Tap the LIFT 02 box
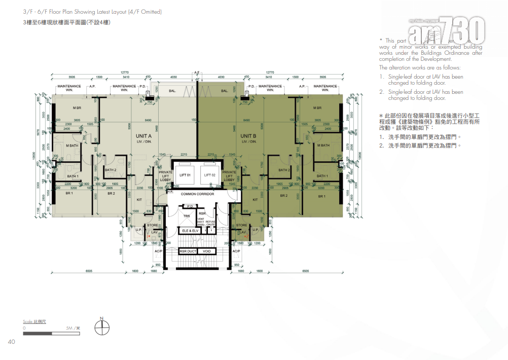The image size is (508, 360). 210,175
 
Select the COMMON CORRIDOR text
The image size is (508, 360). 198,194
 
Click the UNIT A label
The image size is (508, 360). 143,136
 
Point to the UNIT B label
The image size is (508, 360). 248,136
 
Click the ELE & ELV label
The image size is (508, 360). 190,231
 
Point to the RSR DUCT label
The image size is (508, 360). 188,251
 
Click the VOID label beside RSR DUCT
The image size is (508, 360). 207,251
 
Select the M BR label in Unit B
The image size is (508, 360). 317,108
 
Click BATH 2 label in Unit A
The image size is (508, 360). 111,170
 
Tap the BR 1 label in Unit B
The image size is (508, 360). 321,196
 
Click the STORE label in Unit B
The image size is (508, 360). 242,225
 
